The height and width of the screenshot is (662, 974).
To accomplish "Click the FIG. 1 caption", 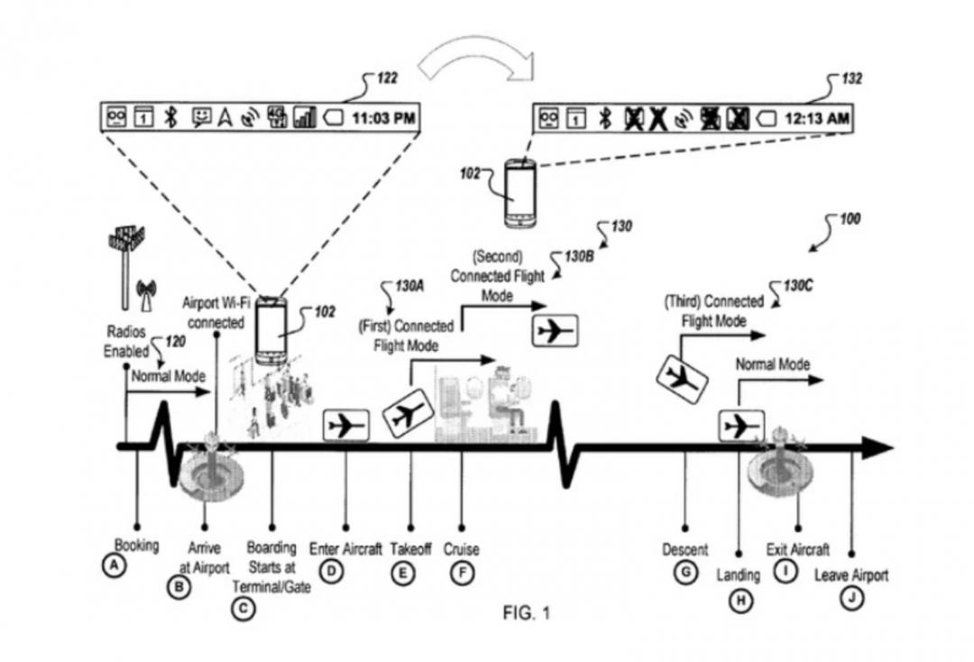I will pos(526,614).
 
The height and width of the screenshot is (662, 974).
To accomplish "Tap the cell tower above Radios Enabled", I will pos(124,262).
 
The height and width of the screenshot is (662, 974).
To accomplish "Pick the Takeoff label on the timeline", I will pos(411,548).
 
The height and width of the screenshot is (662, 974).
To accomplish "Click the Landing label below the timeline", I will pos(738,575).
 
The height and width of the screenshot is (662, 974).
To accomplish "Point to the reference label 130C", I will pos(797,286).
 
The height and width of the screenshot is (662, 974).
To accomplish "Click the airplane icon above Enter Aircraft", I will pos(346,424).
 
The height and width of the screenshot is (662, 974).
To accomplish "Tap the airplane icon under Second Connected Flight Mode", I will pos(553,332).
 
